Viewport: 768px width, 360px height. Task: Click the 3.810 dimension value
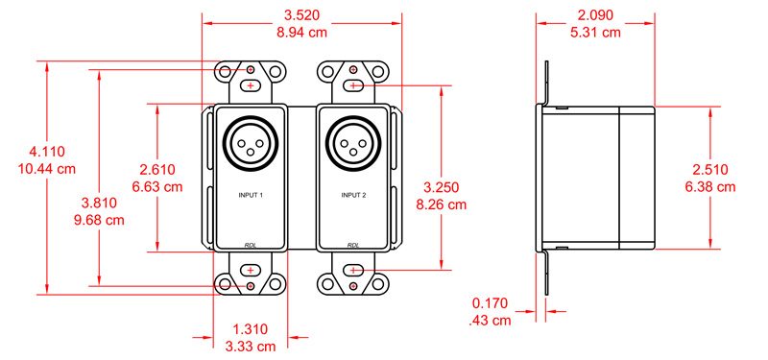point(101,203)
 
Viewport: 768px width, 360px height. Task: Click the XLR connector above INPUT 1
point(251,144)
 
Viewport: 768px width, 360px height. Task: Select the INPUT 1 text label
point(251,195)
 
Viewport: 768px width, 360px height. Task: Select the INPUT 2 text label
point(353,195)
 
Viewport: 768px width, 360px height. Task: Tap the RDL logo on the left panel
point(251,244)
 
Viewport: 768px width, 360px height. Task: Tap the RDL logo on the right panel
point(353,244)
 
